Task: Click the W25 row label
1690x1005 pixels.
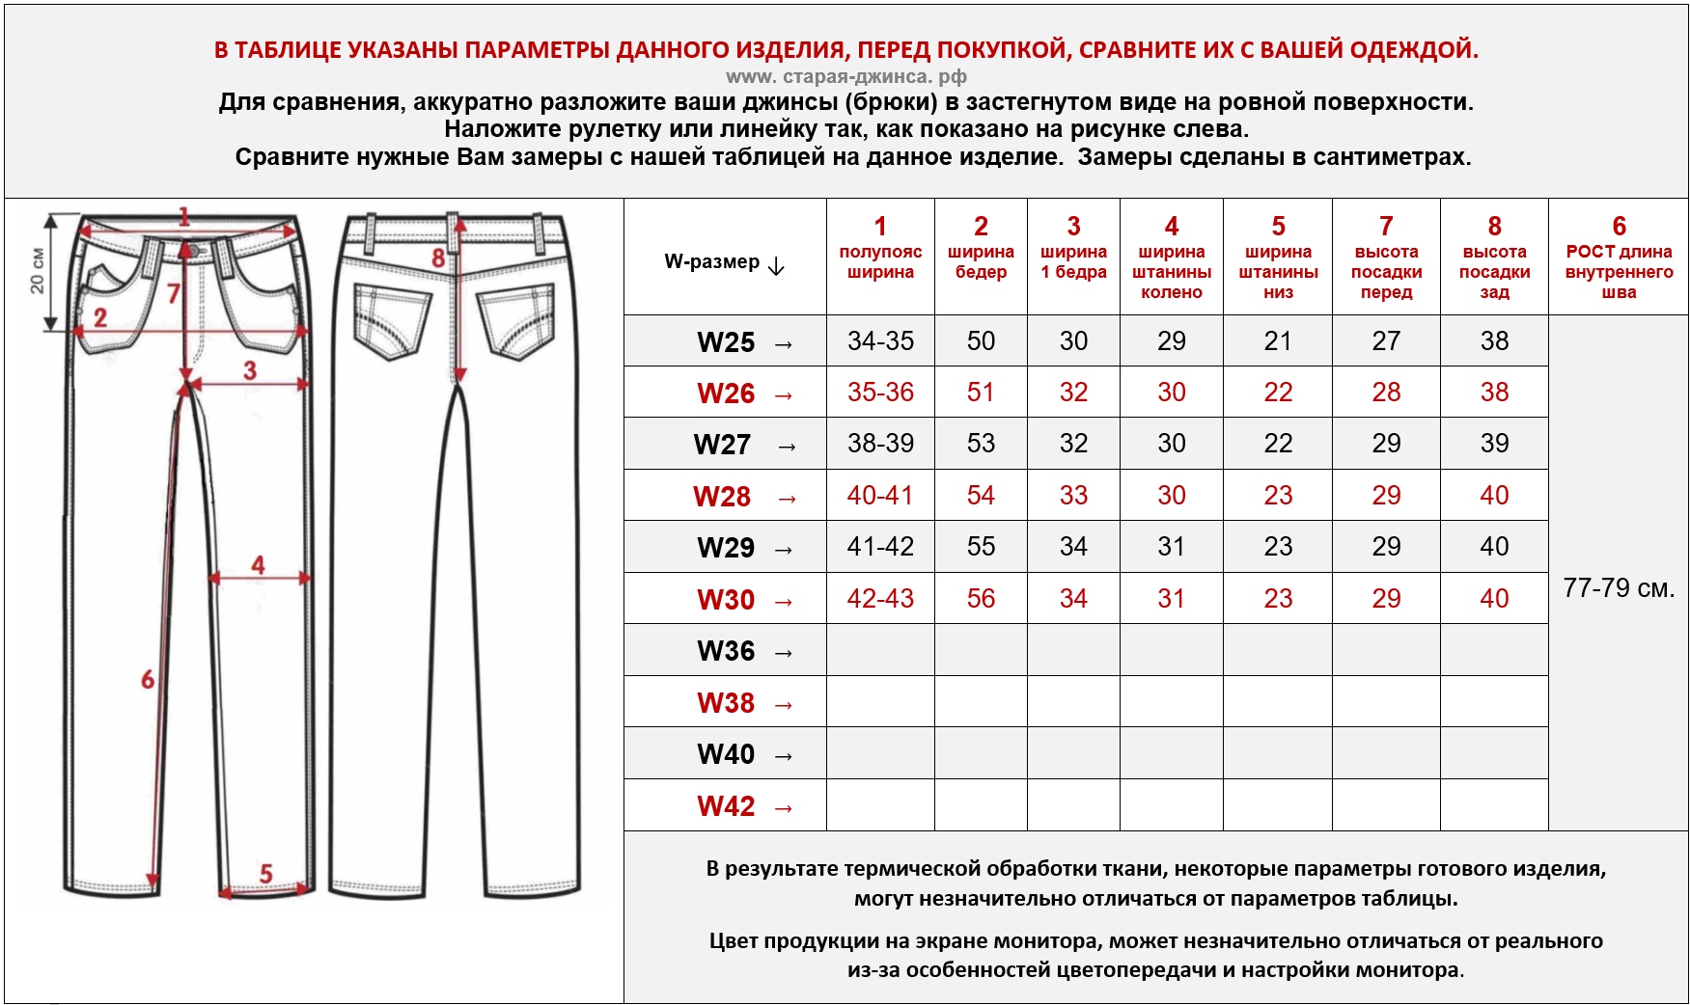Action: point(726,342)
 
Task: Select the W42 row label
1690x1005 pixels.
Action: point(726,806)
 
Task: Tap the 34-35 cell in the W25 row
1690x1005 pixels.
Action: point(880,341)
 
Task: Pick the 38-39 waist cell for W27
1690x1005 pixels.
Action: point(880,444)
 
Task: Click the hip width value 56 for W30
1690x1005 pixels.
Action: point(981,599)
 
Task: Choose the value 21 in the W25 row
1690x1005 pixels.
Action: point(1278,341)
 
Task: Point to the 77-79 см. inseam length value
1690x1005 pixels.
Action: point(1619,587)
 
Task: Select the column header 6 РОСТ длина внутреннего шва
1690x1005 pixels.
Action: point(1619,258)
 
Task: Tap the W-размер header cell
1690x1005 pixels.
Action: point(724,262)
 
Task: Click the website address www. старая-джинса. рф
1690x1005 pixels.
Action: point(845,76)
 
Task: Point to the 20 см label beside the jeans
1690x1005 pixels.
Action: point(37,271)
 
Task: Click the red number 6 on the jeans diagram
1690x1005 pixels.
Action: point(148,679)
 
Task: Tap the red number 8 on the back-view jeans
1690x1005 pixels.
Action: point(438,258)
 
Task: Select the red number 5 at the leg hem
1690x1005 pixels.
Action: point(266,874)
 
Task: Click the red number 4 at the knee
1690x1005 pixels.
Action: point(258,564)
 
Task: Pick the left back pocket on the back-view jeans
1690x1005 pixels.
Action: point(392,319)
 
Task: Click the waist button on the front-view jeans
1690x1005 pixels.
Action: point(193,251)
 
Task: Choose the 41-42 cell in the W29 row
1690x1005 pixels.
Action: point(880,547)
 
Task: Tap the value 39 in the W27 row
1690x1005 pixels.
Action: point(1494,444)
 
